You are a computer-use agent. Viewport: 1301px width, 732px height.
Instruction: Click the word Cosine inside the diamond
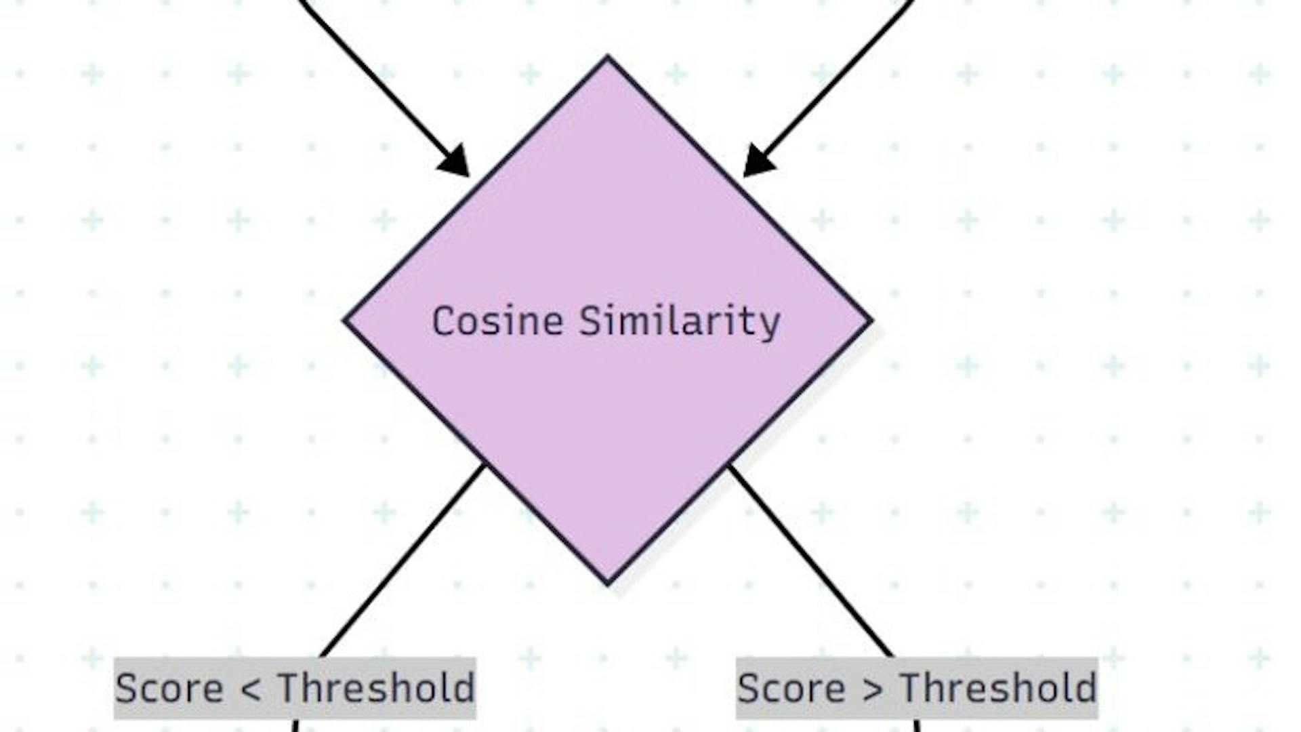(497, 321)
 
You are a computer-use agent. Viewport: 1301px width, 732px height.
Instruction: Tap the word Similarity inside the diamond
(680, 321)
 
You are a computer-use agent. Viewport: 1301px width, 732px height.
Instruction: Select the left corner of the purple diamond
(346, 320)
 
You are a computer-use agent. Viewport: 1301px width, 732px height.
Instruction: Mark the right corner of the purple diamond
(870, 320)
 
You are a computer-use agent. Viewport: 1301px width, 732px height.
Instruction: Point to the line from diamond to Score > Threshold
(810, 559)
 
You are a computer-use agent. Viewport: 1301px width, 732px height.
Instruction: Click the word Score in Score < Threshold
(169, 689)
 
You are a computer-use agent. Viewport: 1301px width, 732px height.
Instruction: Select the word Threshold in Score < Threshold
(376, 689)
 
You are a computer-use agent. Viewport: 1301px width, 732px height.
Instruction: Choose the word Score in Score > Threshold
(791, 689)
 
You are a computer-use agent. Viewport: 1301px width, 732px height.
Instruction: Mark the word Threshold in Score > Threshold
(998, 689)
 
